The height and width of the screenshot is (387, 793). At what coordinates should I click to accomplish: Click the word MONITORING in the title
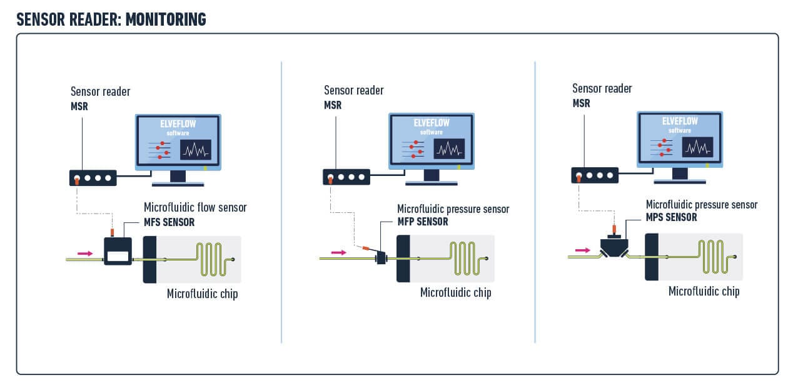(x=166, y=19)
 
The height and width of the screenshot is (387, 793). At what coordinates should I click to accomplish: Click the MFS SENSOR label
(x=169, y=222)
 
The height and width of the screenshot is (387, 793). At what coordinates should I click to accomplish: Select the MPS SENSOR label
(x=671, y=217)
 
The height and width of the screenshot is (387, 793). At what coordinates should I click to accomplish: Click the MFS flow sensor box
(x=118, y=252)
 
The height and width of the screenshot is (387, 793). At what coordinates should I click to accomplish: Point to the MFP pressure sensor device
(x=381, y=257)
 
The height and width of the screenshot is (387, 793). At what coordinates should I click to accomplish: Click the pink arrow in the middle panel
(x=338, y=252)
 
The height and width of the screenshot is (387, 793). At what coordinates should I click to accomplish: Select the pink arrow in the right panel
(x=582, y=250)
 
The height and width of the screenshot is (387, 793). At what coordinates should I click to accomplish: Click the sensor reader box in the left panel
(x=93, y=178)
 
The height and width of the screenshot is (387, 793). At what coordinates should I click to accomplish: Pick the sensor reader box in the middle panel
(x=346, y=177)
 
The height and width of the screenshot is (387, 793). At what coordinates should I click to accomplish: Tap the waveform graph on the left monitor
(x=196, y=150)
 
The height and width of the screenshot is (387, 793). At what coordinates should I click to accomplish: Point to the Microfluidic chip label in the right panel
(x=704, y=291)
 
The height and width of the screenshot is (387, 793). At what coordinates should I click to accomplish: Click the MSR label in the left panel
(x=79, y=106)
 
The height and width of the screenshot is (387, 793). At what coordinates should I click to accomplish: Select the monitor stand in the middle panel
(x=432, y=177)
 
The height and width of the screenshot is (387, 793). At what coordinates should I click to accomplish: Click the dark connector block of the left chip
(x=149, y=259)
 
